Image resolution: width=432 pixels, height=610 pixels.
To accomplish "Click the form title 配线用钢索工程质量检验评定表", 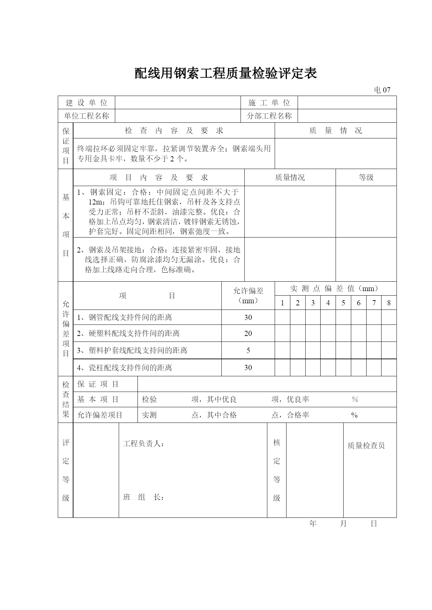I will [226, 73].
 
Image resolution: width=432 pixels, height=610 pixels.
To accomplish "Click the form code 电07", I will [382, 90].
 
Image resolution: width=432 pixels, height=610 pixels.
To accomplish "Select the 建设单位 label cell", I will [87, 103].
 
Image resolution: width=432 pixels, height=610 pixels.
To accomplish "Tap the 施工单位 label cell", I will [269, 103].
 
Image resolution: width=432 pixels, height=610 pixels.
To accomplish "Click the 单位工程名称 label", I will [87, 116].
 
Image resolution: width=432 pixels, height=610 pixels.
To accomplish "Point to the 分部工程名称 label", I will [269, 116].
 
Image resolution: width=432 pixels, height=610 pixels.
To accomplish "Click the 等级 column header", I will [366, 177].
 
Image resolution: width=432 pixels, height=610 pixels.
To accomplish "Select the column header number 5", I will [343, 303].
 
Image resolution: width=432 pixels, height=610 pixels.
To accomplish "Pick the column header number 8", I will [389, 303].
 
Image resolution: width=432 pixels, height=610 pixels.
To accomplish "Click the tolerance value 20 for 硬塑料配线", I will [248, 334].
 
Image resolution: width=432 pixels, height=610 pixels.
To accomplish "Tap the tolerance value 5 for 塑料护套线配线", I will [248, 351].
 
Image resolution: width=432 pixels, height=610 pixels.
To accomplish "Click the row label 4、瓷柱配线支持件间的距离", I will [125, 368].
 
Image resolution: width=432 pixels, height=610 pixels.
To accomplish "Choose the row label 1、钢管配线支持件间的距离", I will [125, 317].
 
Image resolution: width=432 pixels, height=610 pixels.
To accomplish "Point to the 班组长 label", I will [143, 497].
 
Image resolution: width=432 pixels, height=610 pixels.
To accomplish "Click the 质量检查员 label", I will [366, 446].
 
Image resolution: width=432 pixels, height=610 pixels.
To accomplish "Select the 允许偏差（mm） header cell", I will [248, 296].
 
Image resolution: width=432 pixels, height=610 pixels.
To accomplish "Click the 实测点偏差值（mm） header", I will [336, 288].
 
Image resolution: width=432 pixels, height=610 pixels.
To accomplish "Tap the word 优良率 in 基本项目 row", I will [298, 400].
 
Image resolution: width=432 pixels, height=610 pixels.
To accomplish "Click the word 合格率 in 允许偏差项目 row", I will [298, 415].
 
